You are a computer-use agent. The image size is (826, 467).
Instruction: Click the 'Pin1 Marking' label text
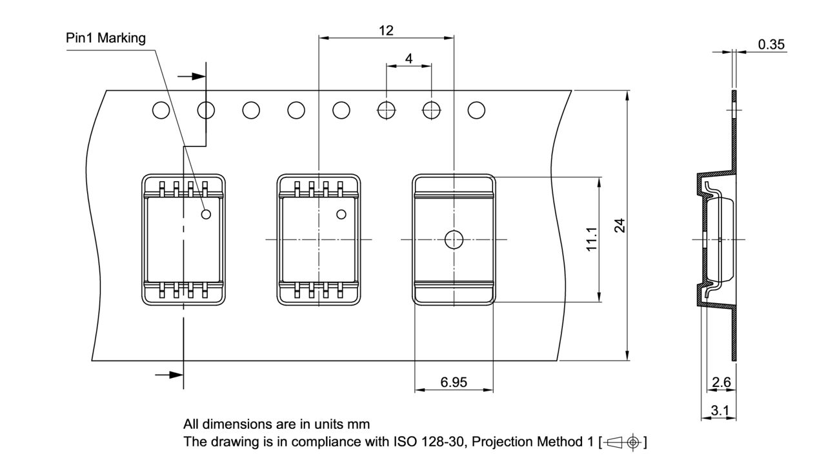coord(106,38)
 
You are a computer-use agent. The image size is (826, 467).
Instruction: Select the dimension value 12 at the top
coord(386,30)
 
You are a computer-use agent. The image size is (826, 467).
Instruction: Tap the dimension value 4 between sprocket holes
coord(408,58)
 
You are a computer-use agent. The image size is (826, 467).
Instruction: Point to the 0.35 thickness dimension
coord(771,44)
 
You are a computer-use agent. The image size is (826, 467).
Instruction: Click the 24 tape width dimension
coord(619,225)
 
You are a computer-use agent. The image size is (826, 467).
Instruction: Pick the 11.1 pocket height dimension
coord(592,239)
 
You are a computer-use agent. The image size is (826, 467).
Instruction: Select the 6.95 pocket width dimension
coord(454,383)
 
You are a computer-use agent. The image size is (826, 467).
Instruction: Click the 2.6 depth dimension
coord(720,383)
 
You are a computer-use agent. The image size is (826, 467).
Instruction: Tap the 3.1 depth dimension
coord(720,410)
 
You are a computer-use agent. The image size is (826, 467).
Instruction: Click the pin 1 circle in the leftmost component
coord(206,215)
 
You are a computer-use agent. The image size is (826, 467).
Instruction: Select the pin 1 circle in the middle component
coord(341,215)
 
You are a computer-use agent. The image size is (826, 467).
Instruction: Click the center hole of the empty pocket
coord(454,239)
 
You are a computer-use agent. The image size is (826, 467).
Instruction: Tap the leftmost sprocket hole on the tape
coord(161,110)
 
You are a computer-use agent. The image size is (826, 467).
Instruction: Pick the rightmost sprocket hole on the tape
coord(476,110)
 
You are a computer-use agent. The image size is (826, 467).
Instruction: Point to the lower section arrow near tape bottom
coord(168,374)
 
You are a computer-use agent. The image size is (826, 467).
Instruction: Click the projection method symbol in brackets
coord(623,442)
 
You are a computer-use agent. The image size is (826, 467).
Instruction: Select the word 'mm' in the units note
coord(359,424)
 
